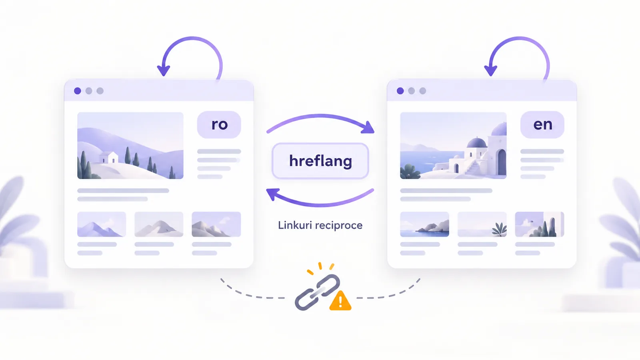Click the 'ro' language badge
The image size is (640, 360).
click(219, 124)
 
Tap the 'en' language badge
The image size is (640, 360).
click(542, 124)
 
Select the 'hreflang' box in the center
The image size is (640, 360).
click(320, 161)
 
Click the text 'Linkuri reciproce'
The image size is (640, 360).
click(320, 225)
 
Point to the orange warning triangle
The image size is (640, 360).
click(340, 301)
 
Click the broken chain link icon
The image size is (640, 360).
click(318, 292)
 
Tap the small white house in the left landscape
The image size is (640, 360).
click(109, 158)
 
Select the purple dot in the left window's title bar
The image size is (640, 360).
click(78, 91)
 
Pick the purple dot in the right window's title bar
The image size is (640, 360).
click(400, 91)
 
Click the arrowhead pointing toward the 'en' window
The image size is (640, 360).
click(368, 128)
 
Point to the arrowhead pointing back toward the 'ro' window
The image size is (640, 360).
click(273, 194)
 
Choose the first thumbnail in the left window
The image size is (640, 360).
click(102, 224)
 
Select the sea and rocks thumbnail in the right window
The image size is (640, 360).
click(424, 224)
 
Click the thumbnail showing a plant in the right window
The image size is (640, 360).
click(482, 224)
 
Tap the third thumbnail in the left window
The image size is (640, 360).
click(216, 224)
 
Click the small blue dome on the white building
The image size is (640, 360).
click(476, 142)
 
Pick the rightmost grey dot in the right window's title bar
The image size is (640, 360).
click(423, 91)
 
